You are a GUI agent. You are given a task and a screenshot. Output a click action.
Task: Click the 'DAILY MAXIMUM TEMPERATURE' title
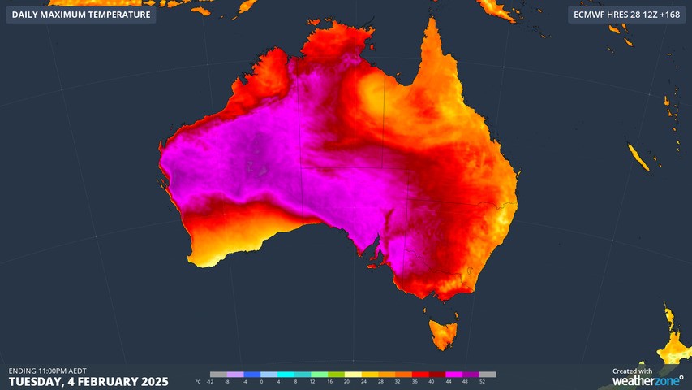pos(81,15)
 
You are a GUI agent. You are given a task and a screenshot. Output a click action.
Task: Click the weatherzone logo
pos(647,380)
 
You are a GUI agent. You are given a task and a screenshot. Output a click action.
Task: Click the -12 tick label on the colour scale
pos(210,381)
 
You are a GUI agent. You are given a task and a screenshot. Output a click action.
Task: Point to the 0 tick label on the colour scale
pos(261,381)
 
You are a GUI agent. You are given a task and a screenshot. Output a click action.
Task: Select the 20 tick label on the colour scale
pos(346,381)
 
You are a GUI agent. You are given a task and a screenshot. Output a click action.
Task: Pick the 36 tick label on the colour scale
pos(415,381)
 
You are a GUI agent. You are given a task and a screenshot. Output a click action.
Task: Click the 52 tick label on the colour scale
pos(483,381)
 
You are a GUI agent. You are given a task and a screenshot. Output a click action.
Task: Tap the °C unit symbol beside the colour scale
pos(199,381)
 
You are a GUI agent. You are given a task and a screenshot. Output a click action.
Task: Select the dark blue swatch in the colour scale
pos(251,375)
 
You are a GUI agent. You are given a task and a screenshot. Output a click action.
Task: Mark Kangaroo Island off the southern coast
pos(376,261)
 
